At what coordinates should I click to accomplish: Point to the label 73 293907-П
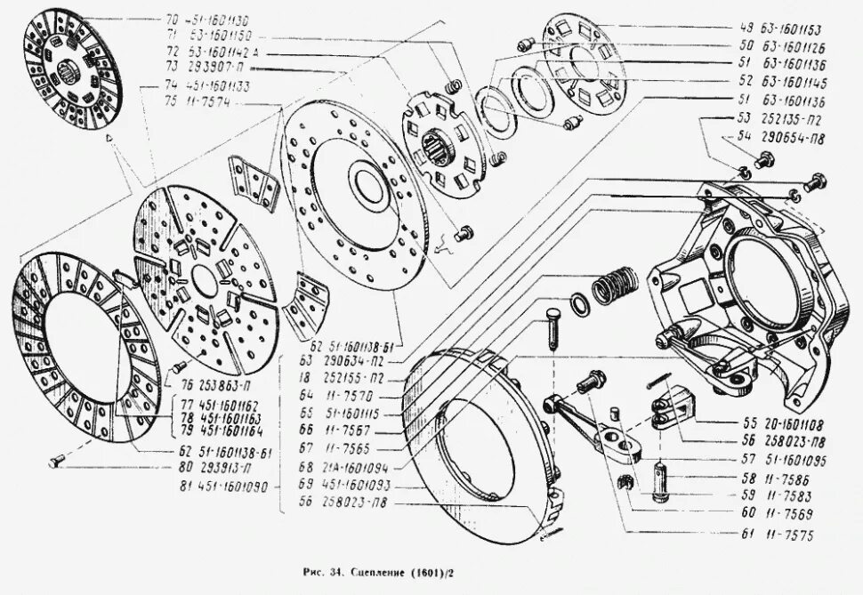coord(211,68)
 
